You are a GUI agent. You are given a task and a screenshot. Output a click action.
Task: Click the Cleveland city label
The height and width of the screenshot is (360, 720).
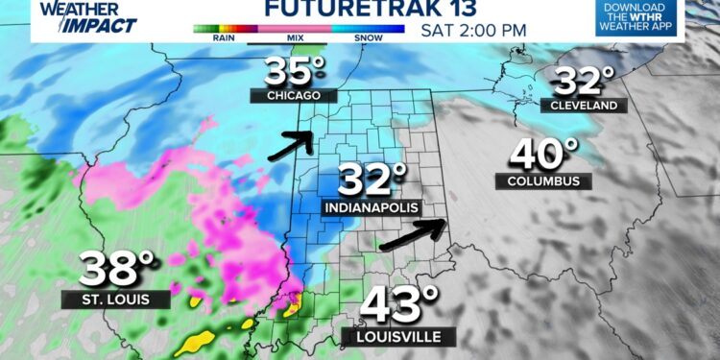(x=584, y=106)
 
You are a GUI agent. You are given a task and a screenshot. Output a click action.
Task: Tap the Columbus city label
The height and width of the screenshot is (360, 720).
(x=543, y=180)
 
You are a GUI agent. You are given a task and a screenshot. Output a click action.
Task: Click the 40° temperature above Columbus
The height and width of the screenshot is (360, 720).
(x=543, y=154)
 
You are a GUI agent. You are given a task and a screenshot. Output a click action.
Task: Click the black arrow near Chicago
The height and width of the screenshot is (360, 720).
(x=292, y=144)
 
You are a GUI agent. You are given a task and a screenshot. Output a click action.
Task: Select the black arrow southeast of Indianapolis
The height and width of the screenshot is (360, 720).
(x=414, y=235)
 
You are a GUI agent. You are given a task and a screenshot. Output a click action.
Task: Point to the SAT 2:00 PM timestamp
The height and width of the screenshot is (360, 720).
(x=473, y=29)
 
